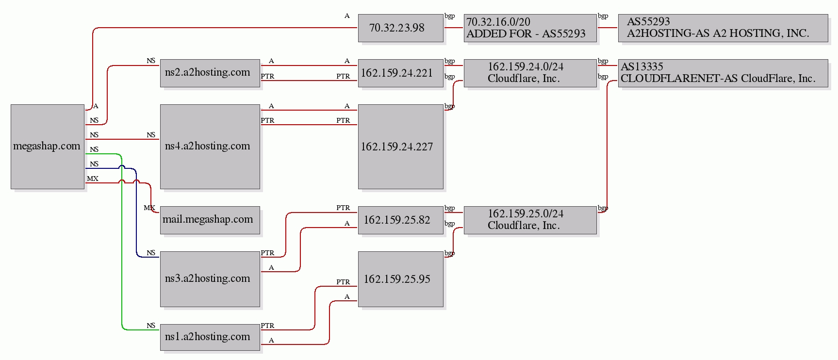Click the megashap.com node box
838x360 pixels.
point(47,146)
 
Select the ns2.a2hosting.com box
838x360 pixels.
point(210,73)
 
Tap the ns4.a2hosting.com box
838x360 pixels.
point(210,146)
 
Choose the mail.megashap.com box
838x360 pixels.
point(210,220)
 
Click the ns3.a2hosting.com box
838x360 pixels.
point(210,278)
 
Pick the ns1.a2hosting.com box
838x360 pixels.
point(210,337)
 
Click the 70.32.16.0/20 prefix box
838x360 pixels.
point(530,28)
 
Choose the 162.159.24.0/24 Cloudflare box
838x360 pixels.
point(530,73)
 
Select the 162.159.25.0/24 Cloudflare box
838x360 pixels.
point(530,220)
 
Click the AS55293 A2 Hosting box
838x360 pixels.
point(723,28)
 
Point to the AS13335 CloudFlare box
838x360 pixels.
point(723,73)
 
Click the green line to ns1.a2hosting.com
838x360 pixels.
point(121,243)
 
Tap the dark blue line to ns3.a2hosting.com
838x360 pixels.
point(136,218)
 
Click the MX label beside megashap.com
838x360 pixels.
point(92,179)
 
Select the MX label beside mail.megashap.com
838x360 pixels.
point(149,208)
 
